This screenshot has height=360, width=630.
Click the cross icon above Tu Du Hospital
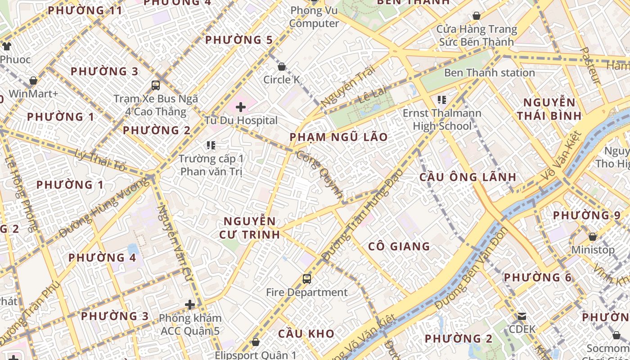click(x=241, y=107)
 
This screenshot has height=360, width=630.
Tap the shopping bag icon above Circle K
click(x=282, y=67)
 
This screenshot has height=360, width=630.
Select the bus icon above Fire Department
click(x=307, y=279)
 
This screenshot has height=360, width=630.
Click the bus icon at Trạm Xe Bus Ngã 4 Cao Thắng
click(x=156, y=85)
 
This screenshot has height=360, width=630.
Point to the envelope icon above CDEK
click(x=522, y=316)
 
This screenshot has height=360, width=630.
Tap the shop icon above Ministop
click(x=593, y=237)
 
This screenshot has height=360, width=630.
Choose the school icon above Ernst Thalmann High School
click(x=441, y=99)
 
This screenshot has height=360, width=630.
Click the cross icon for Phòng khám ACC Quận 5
click(x=190, y=305)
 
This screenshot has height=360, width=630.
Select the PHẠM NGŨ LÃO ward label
click(x=338, y=137)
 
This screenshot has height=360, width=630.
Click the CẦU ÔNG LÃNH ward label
click(x=468, y=177)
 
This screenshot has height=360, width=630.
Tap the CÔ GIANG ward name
click(x=399, y=246)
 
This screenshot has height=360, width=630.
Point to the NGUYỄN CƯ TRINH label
click(x=250, y=228)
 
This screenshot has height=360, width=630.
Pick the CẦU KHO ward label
click(x=306, y=333)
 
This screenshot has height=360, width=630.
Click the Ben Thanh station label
click(x=490, y=72)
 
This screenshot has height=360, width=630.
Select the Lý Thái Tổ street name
click(x=100, y=160)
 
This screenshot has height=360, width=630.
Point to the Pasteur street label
click(x=590, y=66)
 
